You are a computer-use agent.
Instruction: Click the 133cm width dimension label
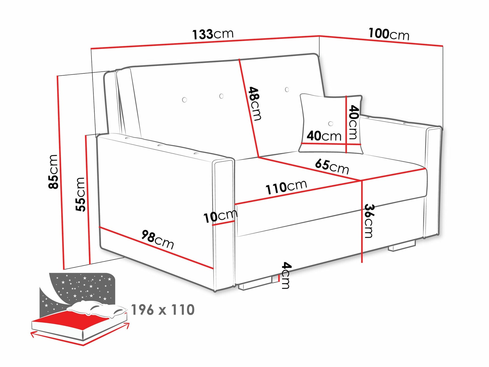tap(213, 34)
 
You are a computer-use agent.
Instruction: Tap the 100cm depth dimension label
tap(389, 34)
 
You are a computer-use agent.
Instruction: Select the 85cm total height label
tap(54, 172)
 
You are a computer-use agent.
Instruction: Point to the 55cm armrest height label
tap(80, 194)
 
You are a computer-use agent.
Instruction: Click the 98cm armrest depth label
tap(158, 239)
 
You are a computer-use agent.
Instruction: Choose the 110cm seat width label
tap(286, 187)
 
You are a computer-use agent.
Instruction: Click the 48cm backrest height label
tap(255, 104)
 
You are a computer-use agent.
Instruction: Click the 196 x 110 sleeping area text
tap(163, 310)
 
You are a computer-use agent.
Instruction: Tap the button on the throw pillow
tap(331, 124)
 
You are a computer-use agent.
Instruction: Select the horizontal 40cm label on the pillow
tap(324, 136)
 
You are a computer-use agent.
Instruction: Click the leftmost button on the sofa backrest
tap(184, 100)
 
